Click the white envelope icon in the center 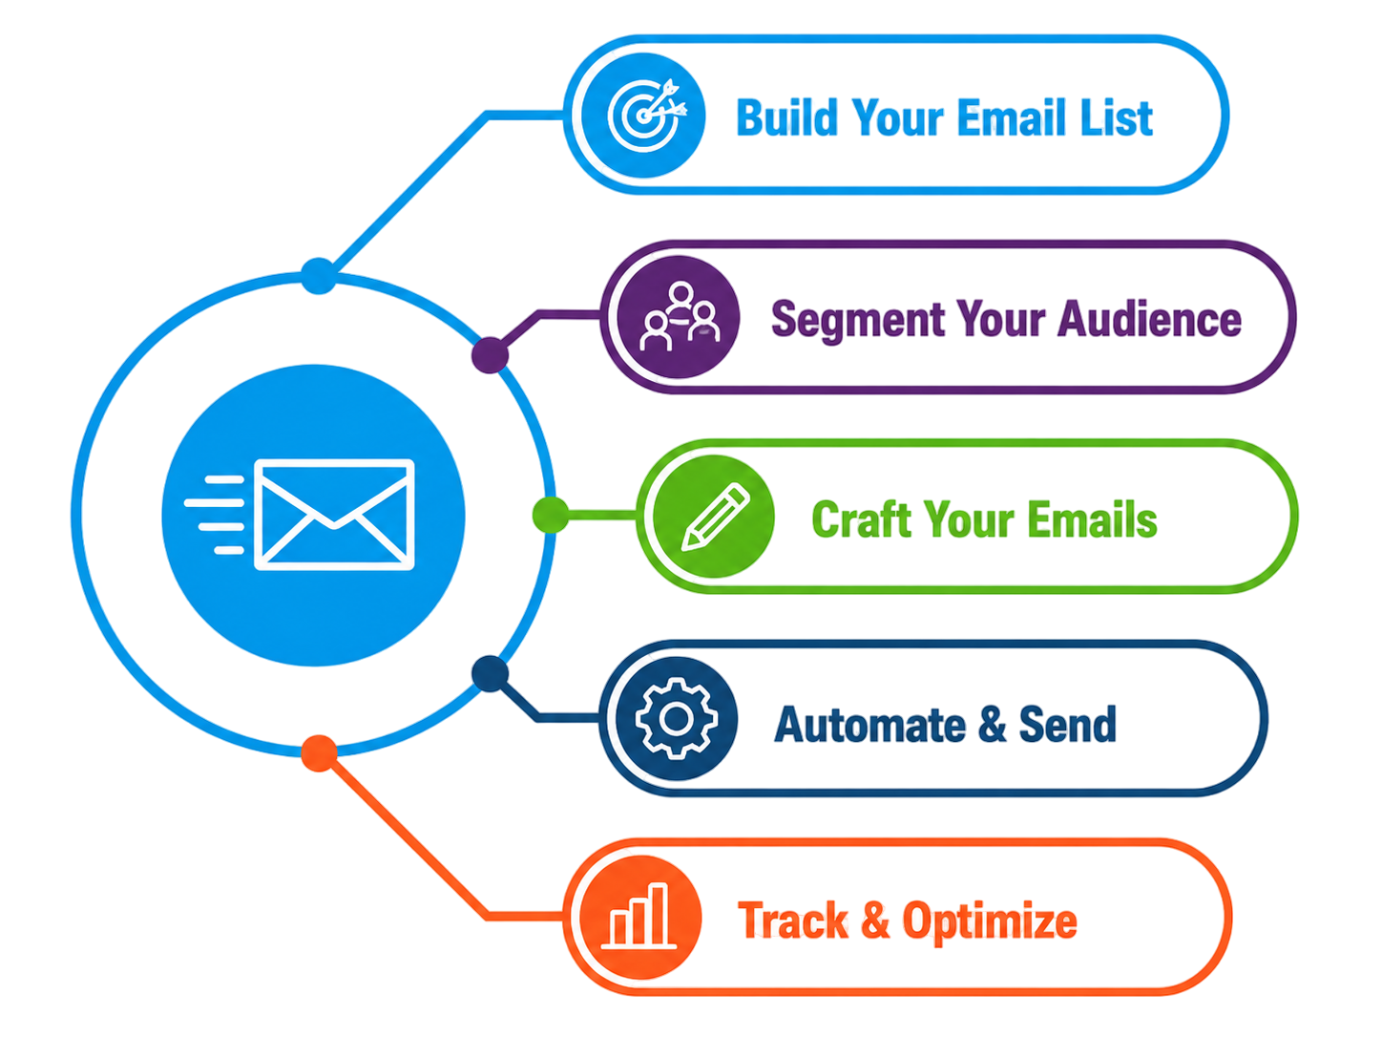coord(334,515)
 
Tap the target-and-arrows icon coord(646,116)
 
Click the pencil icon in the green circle coord(716,517)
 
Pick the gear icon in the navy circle coord(676,718)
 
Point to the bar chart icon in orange coord(639,916)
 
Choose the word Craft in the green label coord(861,518)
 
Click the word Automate coord(869,724)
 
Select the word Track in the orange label coord(793,920)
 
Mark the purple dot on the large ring coord(490,355)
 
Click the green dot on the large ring coord(551,515)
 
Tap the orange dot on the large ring coord(319,753)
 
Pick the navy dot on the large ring coord(490,674)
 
